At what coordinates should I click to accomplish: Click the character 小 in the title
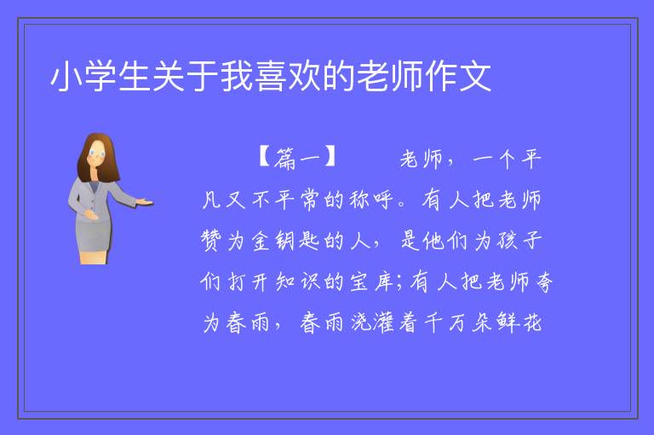[66, 76]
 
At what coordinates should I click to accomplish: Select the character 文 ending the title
[475, 76]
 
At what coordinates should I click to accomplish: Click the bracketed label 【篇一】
[297, 158]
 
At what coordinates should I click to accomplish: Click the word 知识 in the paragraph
[298, 281]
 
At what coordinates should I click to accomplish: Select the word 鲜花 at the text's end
[519, 322]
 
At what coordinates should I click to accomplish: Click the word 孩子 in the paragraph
[519, 241]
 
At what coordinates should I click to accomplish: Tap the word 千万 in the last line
[445, 322]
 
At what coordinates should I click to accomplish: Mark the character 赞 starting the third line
[211, 241]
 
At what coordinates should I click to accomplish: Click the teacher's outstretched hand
[145, 202]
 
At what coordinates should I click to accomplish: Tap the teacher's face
[97, 153]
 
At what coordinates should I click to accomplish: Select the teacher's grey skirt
[94, 236]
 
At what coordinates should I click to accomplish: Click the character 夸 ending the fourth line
[544, 281]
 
